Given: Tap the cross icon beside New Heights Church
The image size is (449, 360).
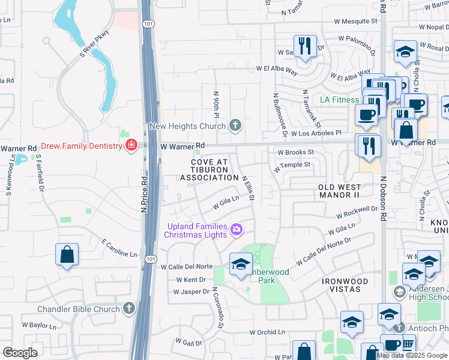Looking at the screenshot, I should [x=235, y=125].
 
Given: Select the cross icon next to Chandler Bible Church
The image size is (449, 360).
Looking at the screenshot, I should [x=128, y=308].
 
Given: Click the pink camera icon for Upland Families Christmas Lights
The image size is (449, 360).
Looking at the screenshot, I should [x=237, y=229].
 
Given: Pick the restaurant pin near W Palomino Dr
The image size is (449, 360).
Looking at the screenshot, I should [x=305, y=46].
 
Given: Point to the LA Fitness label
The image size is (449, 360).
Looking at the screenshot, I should [x=339, y=100].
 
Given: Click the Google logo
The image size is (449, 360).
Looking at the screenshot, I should [x=20, y=352].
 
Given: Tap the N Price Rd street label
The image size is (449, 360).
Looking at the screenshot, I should [x=145, y=193].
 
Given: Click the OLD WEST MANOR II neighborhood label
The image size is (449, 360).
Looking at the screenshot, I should [x=348, y=191].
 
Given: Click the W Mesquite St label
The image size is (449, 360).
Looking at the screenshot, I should [x=355, y=20].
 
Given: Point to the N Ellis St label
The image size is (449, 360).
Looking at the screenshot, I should [x=249, y=187].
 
